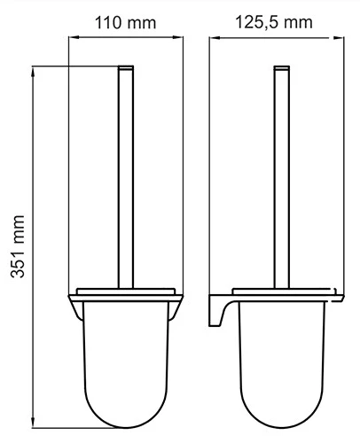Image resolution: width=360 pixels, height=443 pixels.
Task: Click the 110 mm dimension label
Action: tap(125, 23)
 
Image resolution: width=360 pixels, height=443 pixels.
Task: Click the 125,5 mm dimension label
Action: tap(274, 22)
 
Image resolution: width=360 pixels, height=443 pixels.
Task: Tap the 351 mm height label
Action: tap(18, 246)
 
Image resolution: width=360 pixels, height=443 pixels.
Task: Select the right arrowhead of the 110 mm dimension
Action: tap(177, 37)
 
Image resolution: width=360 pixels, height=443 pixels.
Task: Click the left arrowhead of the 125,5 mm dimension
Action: tap(215, 37)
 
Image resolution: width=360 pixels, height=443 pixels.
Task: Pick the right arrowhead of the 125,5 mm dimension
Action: tap(339, 37)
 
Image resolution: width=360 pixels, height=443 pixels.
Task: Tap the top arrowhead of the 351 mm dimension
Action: tap(33, 72)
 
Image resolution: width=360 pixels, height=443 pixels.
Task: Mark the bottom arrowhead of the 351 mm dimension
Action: tap(33, 422)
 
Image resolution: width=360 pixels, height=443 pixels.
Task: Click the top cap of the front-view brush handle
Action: tap(126, 67)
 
